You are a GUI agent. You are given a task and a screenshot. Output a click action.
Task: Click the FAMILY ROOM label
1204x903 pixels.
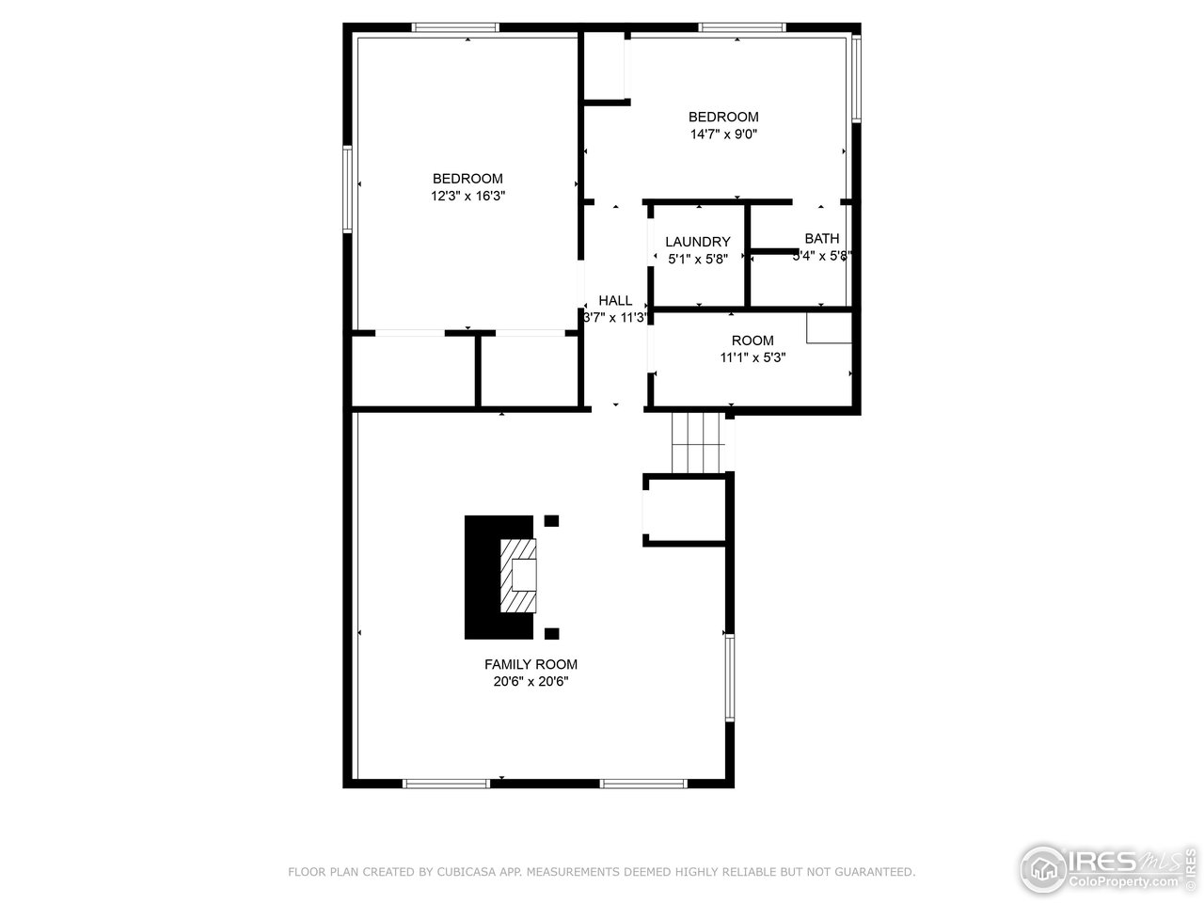click(x=531, y=664)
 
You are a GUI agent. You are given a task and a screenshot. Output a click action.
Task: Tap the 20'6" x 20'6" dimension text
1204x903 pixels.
click(x=531, y=682)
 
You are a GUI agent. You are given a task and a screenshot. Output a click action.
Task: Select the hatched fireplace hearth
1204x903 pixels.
click(x=517, y=576)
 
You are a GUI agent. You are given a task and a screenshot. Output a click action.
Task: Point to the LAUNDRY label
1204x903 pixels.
click(x=697, y=242)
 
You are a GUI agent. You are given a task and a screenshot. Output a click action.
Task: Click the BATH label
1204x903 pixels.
click(x=821, y=239)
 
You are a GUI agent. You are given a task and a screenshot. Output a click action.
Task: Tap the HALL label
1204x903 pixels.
click(x=615, y=300)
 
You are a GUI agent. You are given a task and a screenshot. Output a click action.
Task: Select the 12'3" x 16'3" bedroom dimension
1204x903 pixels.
click(x=467, y=196)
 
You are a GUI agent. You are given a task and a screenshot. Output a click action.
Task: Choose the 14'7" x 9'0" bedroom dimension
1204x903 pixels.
click(x=723, y=134)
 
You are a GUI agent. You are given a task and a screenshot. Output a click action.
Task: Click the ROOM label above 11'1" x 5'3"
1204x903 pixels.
click(x=752, y=341)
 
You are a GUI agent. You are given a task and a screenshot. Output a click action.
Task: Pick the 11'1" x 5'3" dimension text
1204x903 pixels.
click(x=752, y=357)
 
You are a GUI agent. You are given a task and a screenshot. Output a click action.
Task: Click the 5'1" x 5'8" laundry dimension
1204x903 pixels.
click(x=697, y=259)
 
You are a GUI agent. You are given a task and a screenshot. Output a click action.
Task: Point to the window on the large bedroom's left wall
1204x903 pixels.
click(x=347, y=188)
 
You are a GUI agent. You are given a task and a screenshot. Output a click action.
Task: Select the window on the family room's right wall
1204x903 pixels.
click(x=729, y=677)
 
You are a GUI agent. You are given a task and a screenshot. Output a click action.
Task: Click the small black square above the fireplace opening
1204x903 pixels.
click(x=551, y=520)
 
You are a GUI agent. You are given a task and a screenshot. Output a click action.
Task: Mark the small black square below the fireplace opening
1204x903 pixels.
click(x=551, y=633)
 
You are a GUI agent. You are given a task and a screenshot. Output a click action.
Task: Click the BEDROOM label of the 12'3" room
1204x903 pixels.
click(x=467, y=179)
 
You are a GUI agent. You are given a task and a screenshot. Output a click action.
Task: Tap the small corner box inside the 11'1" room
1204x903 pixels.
click(x=829, y=327)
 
